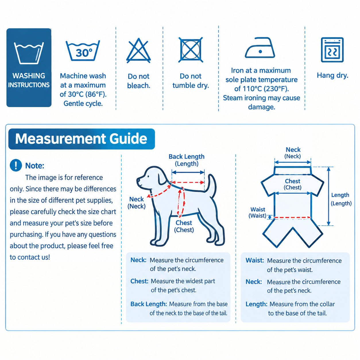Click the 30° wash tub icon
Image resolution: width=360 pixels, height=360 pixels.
pyautogui.click(x=83, y=51)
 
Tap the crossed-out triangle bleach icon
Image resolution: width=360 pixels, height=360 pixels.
pyautogui.click(x=138, y=51)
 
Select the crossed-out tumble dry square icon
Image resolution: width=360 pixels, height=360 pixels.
pyautogui.click(x=191, y=50)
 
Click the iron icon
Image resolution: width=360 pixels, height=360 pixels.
pyautogui.click(x=260, y=48)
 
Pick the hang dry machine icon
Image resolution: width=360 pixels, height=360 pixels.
pyautogui.click(x=332, y=50)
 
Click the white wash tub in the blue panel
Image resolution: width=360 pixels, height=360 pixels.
pyautogui.click(x=29, y=53)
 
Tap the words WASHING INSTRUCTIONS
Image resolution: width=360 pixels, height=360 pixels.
pyautogui.click(x=29, y=80)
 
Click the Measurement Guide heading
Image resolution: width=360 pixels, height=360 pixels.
pyautogui.click(x=81, y=139)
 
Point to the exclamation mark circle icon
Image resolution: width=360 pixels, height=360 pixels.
pyautogui.click(x=16, y=165)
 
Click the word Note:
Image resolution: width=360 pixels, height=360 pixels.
pyautogui.click(x=35, y=166)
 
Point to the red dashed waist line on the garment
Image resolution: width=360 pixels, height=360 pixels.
pyautogui.click(x=292, y=217)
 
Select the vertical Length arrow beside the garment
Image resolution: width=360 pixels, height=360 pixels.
pyautogui.click(x=329, y=196)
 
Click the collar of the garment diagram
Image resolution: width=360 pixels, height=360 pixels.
pyautogui.click(x=293, y=171)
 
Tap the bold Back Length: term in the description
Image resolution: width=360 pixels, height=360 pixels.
pyautogui.click(x=148, y=304)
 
